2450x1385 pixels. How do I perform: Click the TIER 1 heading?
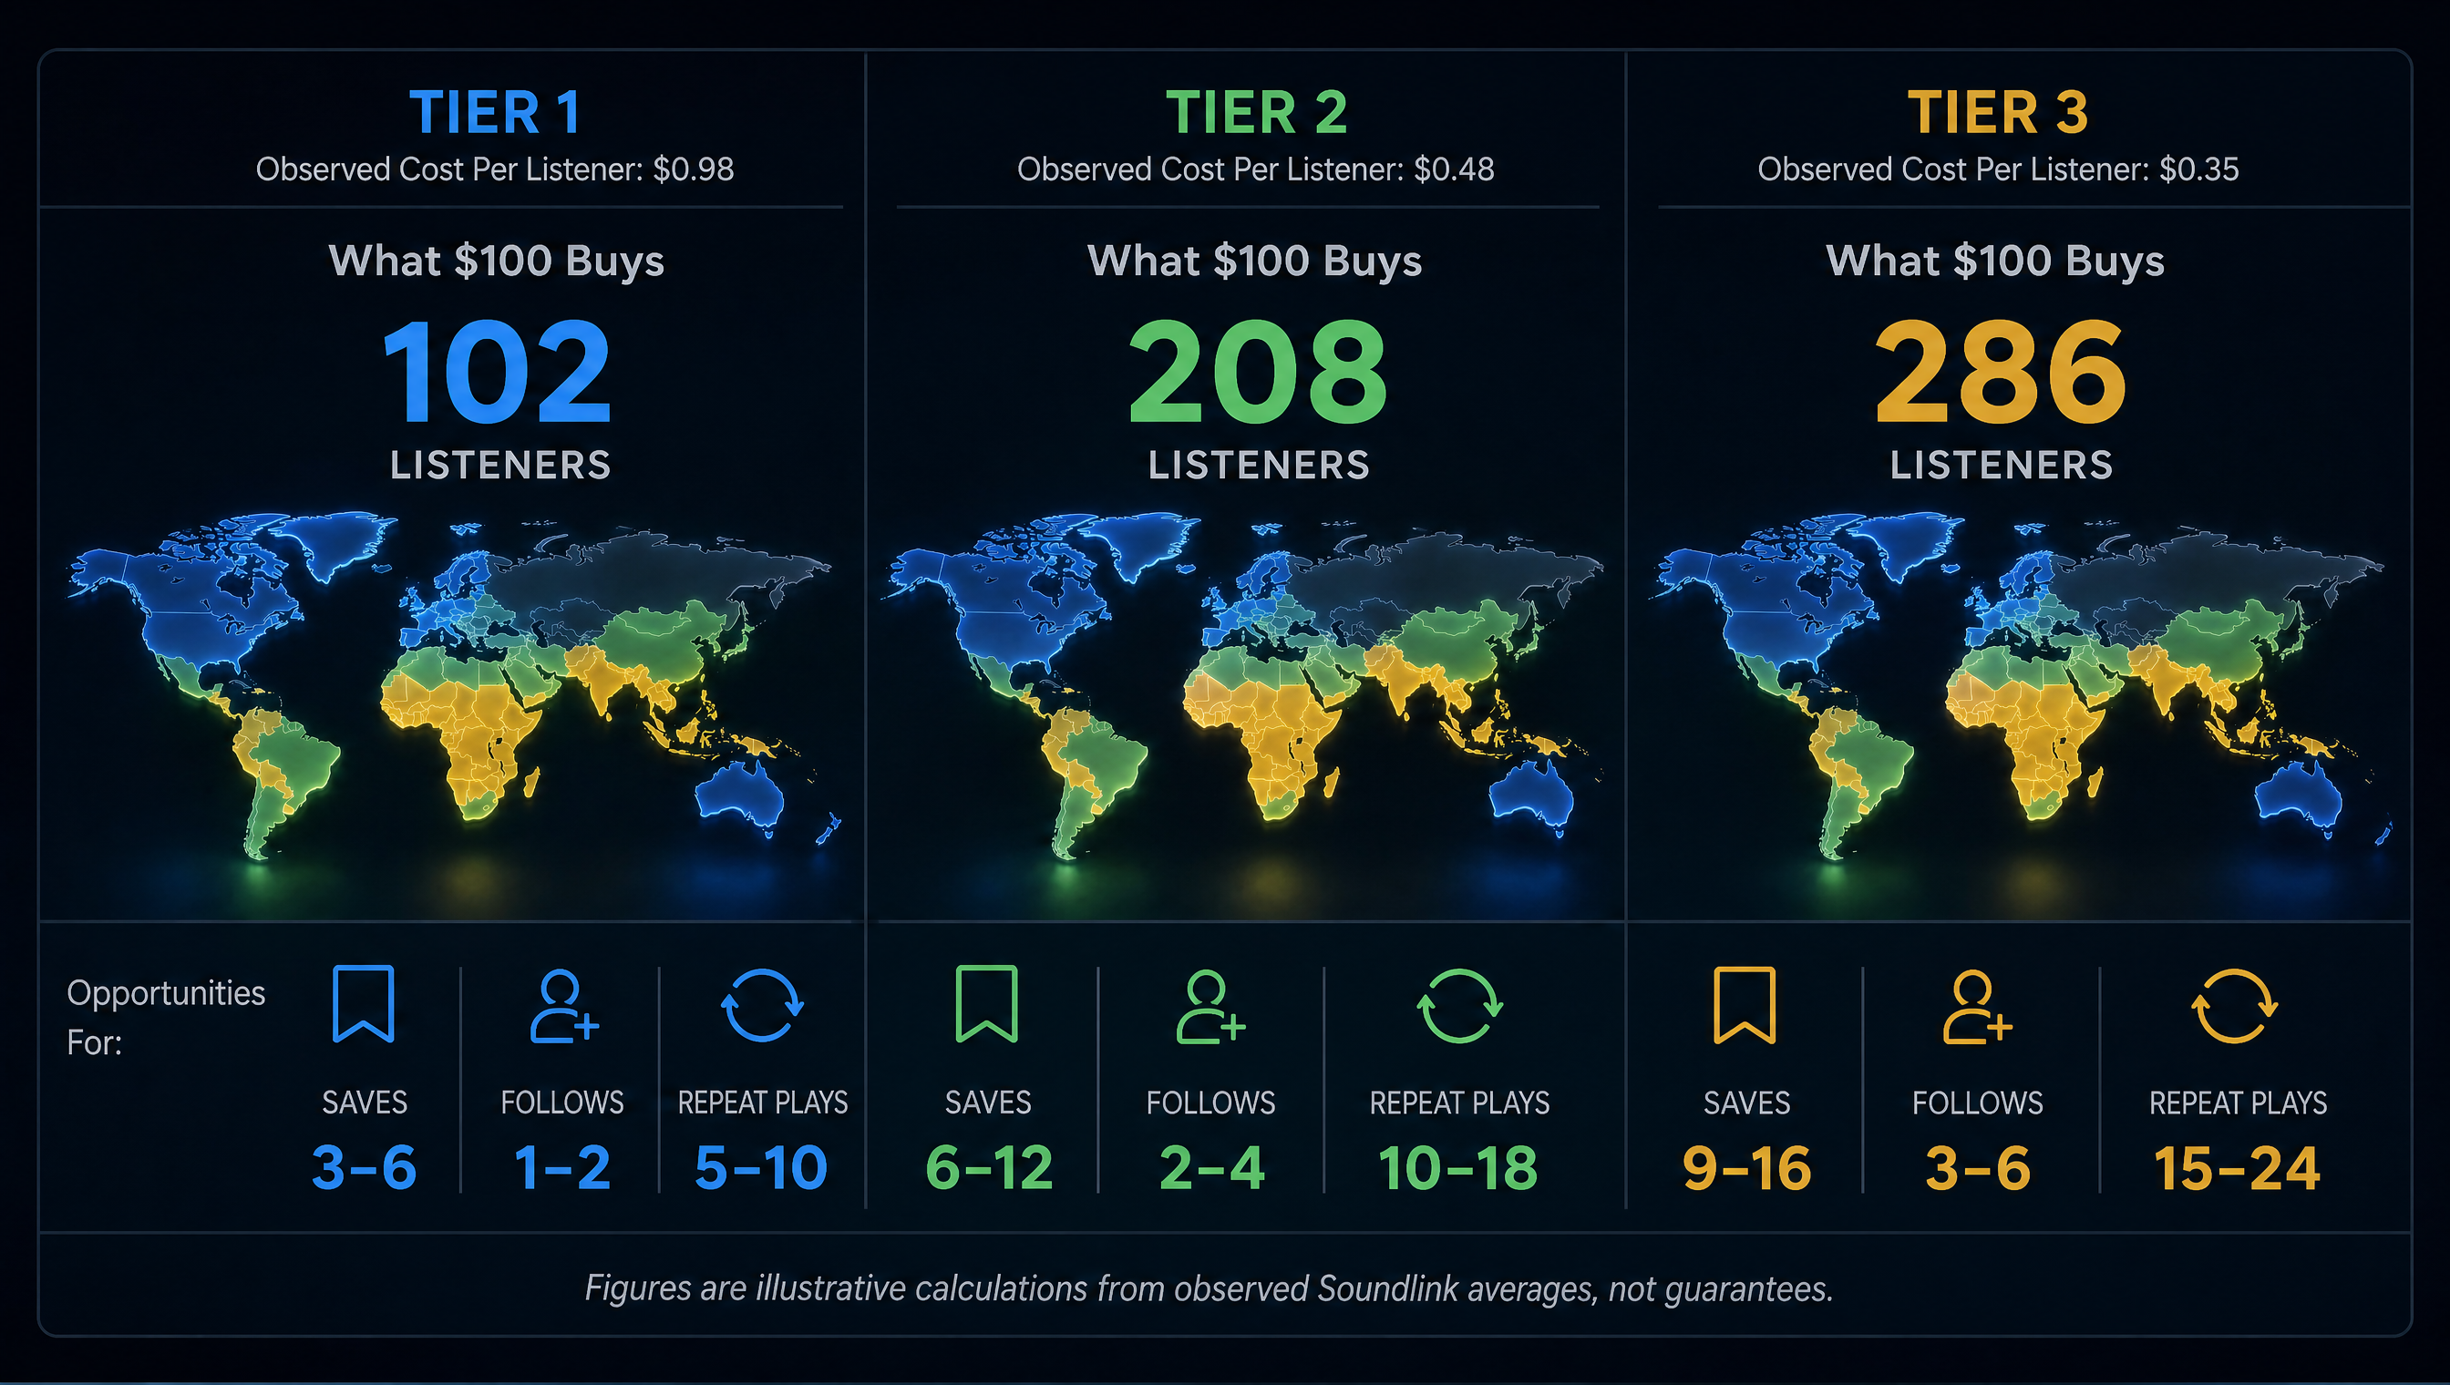(x=495, y=112)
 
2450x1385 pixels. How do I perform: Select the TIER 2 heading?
(x=1256, y=112)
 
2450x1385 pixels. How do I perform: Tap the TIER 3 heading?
(x=1997, y=112)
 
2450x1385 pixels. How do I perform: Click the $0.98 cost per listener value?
(x=693, y=169)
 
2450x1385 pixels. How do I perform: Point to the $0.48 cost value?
(x=1454, y=169)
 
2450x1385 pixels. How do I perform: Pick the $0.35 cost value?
(x=2198, y=169)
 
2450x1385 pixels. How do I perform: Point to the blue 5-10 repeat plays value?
(x=761, y=1167)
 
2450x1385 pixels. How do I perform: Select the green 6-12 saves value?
(x=989, y=1167)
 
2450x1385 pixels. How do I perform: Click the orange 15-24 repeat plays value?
(x=2237, y=1168)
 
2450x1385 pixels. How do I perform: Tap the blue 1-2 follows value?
(x=561, y=1167)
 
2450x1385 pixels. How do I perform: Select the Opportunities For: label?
(x=166, y=1017)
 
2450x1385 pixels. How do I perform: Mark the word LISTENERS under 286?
(x=2001, y=465)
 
